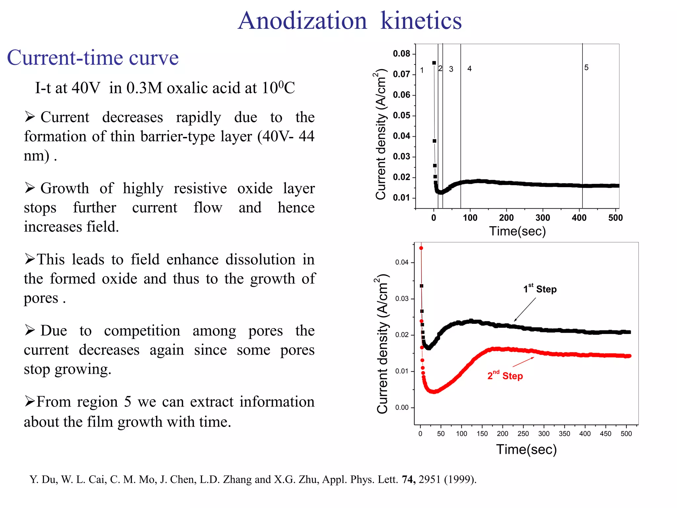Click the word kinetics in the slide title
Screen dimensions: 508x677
click(x=420, y=21)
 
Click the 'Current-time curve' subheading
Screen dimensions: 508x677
click(x=93, y=58)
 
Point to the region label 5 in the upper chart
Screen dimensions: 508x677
click(x=586, y=67)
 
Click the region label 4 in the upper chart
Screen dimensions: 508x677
click(x=469, y=68)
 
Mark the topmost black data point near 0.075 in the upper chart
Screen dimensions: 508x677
click(x=434, y=63)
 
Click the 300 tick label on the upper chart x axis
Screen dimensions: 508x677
click(x=542, y=218)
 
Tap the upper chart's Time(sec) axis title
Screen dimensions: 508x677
click(x=517, y=231)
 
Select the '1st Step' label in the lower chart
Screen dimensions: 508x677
click(x=539, y=289)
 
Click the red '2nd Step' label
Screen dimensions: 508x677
click(x=505, y=376)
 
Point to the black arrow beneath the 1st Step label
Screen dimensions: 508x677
click(x=525, y=310)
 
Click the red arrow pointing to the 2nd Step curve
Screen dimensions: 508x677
click(x=523, y=362)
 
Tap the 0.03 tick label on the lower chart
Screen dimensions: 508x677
click(x=402, y=299)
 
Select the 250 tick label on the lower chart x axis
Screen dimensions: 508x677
click(x=523, y=434)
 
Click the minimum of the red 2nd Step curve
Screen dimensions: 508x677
click(x=433, y=392)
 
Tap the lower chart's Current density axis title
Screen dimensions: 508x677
click(x=382, y=344)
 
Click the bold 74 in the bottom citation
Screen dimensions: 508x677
click(x=409, y=479)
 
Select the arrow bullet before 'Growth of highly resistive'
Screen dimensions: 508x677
click(x=30, y=188)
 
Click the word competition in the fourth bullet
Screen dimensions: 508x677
click(x=142, y=331)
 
